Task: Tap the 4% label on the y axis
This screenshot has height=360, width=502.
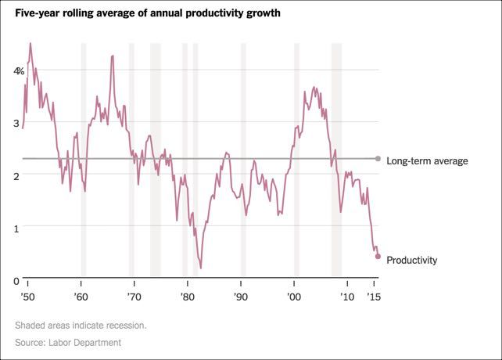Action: tap(19, 71)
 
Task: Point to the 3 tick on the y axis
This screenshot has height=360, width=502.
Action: tap(16, 124)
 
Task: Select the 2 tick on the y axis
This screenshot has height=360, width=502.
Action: tap(16, 176)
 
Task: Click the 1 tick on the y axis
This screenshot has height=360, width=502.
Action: tap(16, 229)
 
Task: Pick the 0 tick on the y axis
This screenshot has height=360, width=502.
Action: tap(16, 281)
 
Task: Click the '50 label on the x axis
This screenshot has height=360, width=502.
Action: tap(28, 297)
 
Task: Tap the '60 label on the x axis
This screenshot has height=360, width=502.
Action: tap(81, 297)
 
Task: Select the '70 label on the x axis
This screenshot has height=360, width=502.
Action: tap(134, 297)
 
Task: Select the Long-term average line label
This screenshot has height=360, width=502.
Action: tap(427, 161)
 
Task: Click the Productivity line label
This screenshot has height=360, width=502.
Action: tap(412, 260)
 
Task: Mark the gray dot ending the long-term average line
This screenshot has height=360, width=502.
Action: tap(378, 159)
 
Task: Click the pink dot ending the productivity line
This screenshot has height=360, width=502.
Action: tap(378, 256)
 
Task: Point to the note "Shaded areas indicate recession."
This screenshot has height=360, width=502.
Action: tap(80, 325)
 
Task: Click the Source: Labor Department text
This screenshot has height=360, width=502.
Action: tap(67, 343)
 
